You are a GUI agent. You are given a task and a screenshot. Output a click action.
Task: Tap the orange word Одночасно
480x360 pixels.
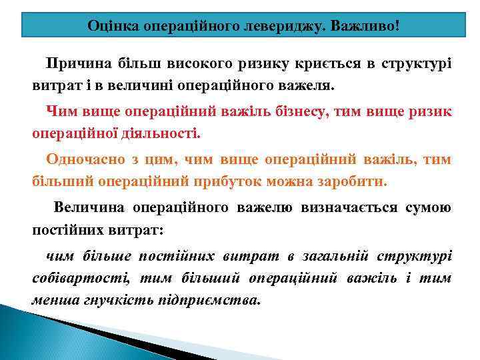pyautogui.click(x=83, y=160)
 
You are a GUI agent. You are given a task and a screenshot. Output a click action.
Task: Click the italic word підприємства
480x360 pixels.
pyautogui.click(x=211, y=299)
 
